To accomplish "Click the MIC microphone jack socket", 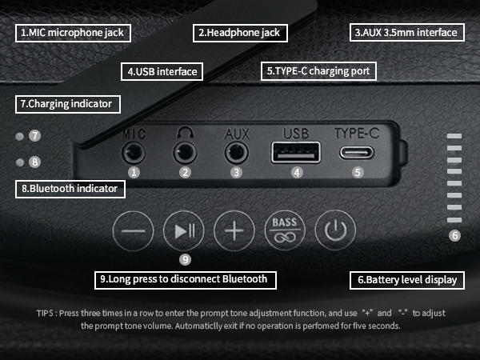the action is click(134, 153).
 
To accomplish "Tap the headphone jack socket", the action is click(185, 153).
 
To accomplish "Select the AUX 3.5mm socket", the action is click(236, 153).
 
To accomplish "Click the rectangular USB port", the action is click(296, 152).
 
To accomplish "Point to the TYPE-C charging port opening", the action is click(357, 153).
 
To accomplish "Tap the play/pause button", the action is click(184, 230).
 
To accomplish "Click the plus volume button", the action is click(234, 230).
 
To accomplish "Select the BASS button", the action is click(285, 230).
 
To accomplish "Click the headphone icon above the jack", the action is click(185, 132).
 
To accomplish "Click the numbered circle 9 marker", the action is click(186, 259).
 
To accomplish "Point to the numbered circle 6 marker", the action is click(454, 235).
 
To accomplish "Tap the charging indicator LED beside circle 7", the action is click(19, 136).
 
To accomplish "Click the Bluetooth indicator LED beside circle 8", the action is click(19, 162).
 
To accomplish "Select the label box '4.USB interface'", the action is click(162, 72).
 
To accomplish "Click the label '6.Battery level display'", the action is click(407, 280).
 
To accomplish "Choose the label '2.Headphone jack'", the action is click(240, 33).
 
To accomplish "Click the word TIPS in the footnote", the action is click(45, 313).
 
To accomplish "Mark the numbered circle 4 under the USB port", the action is click(297, 173).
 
